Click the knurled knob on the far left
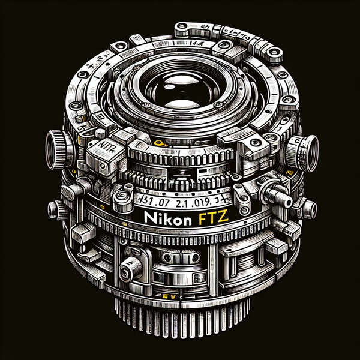[x=55, y=146]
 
